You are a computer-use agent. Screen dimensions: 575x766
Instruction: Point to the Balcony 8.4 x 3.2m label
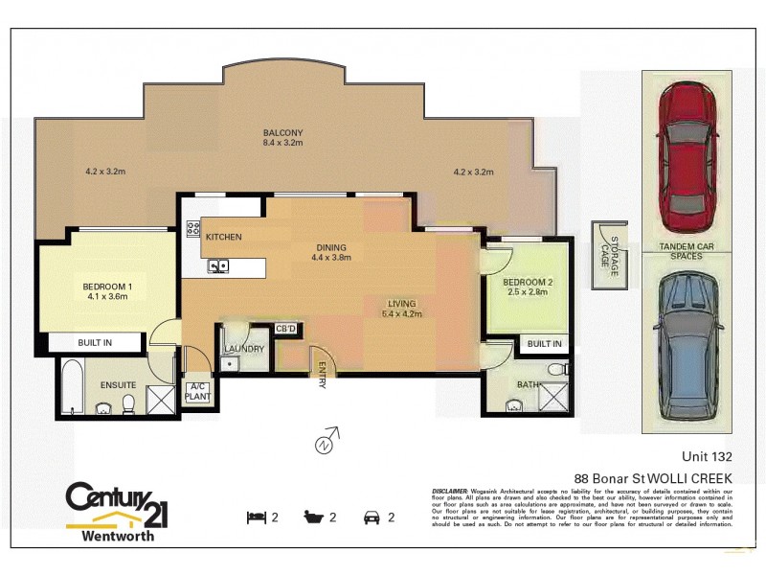[x=283, y=138]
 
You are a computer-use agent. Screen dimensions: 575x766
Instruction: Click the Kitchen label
[x=223, y=237]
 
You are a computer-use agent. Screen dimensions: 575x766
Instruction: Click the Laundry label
[x=244, y=349]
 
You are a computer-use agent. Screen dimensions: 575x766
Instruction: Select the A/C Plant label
[x=197, y=391]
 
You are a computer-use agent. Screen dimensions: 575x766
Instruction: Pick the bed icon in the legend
[x=255, y=517]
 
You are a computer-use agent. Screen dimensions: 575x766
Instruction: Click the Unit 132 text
[x=708, y=456]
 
